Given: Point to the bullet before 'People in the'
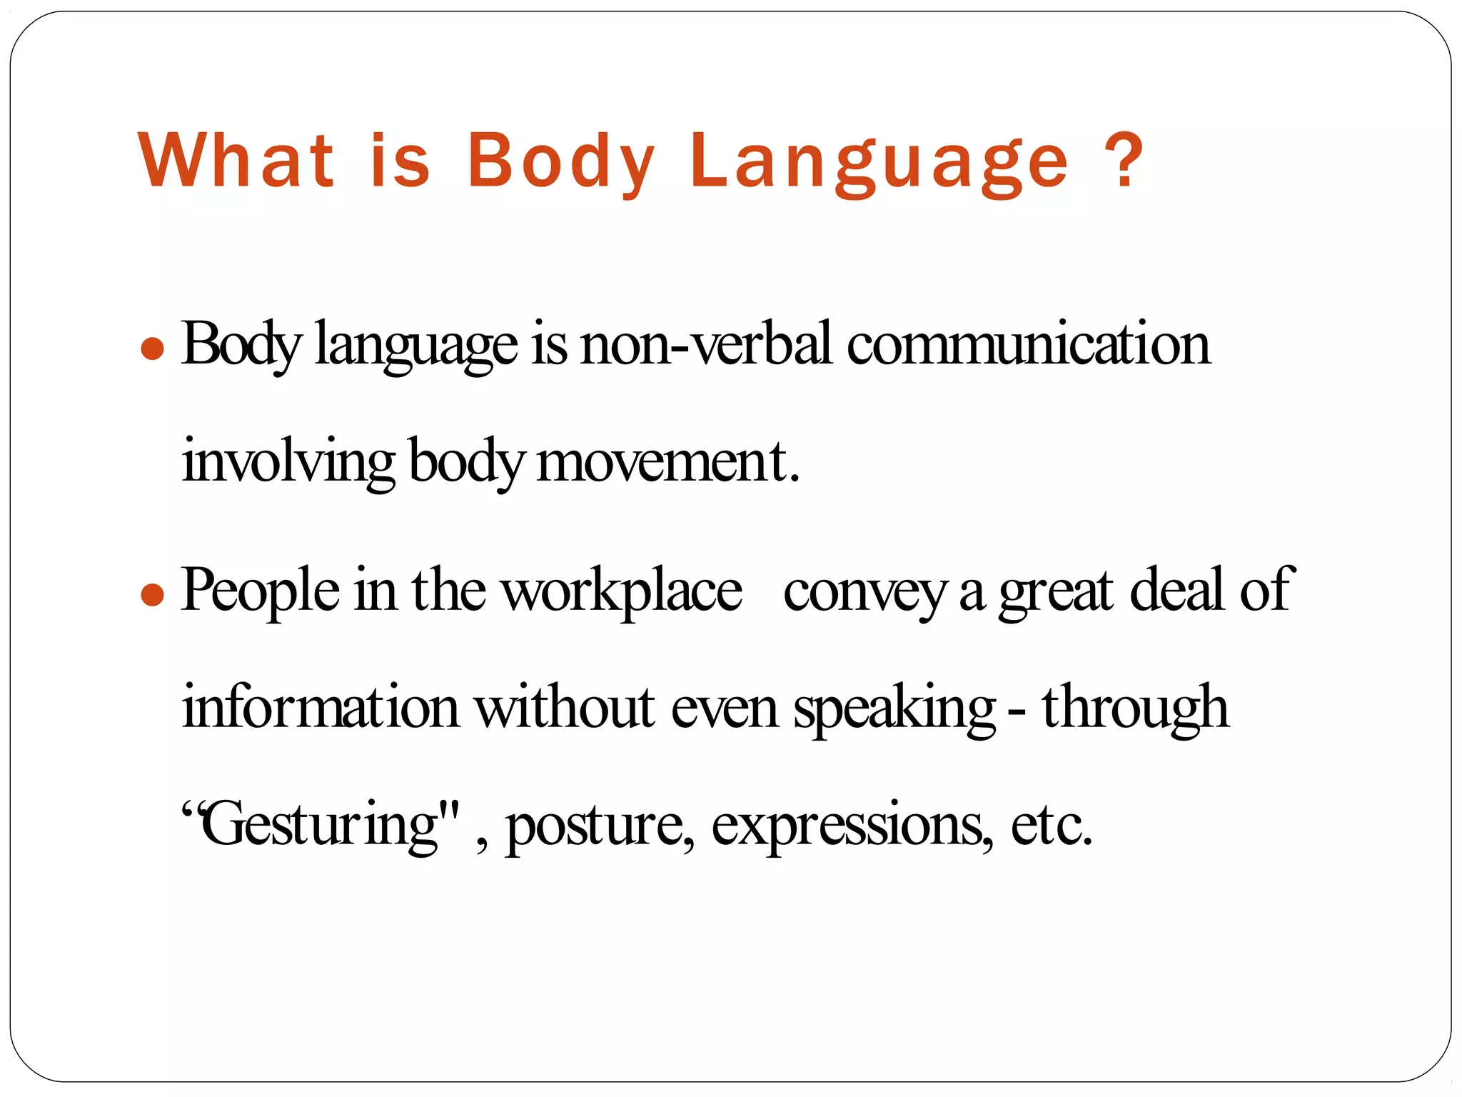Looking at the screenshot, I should [x=153, y=594].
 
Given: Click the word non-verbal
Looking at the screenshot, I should [x=706, y=345].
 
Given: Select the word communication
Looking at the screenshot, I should [x=1029, y=345].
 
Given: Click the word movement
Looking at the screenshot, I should [x=667, y=463].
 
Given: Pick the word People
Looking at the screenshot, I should [x=261, y=591].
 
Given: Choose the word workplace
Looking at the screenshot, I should [x=621, y=591].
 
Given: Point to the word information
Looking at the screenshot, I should [x=321, y=707].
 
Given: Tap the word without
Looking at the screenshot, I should [x=565, y=707].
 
